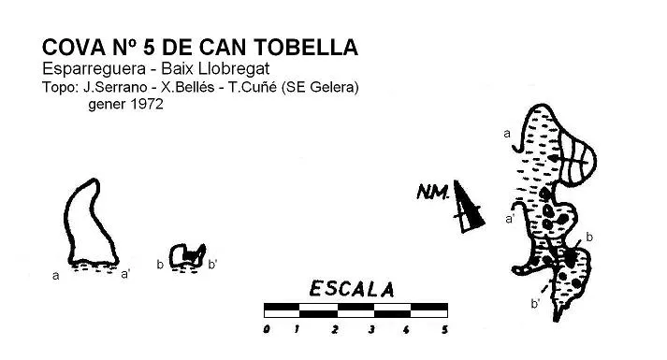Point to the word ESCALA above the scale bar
[x=352, y=289]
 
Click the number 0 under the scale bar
[x=267, y=329]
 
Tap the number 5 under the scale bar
[x=444, y=329]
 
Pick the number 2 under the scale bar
[x=335, y=329]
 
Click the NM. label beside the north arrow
[x=432, y=192]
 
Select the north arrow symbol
[x=468, y=208]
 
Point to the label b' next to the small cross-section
[x=212, y=265]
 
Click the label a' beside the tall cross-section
[x=125, y=274]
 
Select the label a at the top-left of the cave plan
[x=507, y=134]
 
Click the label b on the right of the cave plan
[x=589, y=237]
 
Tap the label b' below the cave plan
[x=535, y=304]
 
